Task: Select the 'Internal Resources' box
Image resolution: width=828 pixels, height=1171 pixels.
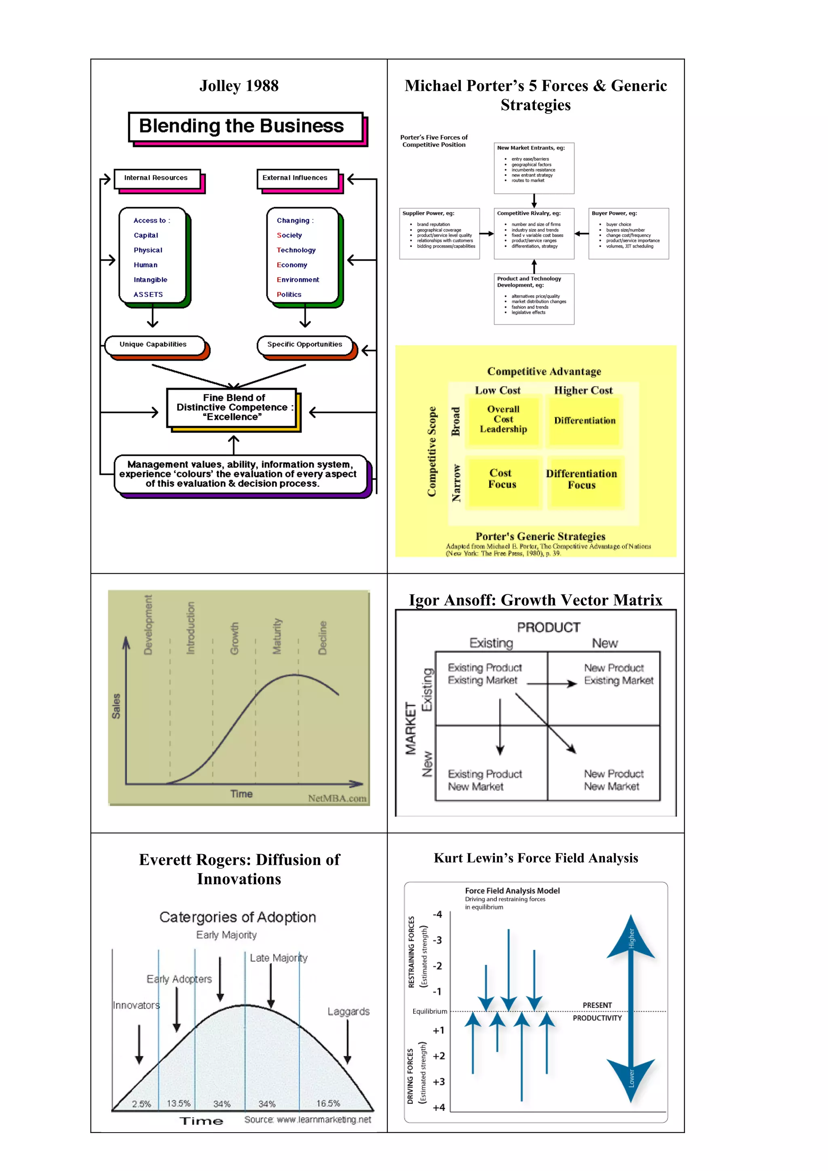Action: (x=156, y=179)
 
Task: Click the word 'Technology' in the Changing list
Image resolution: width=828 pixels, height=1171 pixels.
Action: (x=296, y=250)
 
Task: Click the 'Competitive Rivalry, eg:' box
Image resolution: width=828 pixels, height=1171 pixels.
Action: (x=534, y=233)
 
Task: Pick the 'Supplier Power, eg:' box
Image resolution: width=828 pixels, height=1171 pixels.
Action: (x=439, y=233)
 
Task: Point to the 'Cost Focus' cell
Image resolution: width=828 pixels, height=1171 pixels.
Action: (x=503, y=479)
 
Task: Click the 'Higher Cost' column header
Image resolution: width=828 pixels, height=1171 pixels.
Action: (x=583, y=391)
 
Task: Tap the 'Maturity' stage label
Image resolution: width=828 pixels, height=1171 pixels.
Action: (x=277, y=636)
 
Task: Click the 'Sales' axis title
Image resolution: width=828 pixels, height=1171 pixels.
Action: (x=116, y=706)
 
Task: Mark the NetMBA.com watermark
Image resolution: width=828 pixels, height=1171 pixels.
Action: (x=337, y=798)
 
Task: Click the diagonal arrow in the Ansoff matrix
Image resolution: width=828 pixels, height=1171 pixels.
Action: (x=546, y=724)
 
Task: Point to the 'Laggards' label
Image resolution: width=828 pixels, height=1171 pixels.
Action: (x=349, y=1011)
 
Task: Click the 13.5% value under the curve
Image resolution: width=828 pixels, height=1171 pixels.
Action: (x=179, y=1103)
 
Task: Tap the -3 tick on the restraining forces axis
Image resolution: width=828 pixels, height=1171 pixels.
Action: (x=437, y=940)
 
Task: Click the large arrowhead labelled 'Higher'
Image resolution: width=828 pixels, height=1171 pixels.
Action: (x=631, y=939)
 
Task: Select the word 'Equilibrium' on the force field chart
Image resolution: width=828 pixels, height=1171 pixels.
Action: (x=429, y=1011)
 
